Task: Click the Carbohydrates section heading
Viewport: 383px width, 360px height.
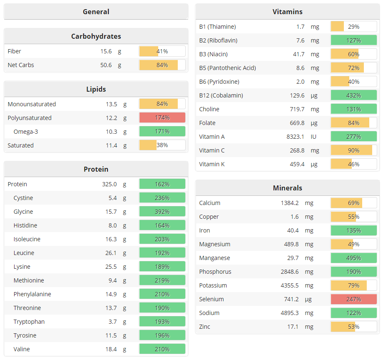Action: tap(96, 36)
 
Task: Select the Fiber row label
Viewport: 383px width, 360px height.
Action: tap(15, 51)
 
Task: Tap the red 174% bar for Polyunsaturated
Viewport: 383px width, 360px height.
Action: tap(162, 118)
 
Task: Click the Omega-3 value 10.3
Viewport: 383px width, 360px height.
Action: tap(111, 132)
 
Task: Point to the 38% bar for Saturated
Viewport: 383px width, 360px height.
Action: tap(162, 145)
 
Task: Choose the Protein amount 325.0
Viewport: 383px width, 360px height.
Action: tap(109, 184)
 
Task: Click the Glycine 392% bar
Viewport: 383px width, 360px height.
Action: tap(162, 212)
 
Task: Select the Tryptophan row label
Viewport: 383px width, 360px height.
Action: tap(29, 322)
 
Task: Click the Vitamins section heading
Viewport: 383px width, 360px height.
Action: tap(287, 12)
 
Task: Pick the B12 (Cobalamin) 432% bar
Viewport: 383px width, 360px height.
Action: tap(354, 95)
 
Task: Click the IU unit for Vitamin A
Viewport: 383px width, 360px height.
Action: tap(314, 137)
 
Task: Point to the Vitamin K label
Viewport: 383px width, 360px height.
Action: tap(212, 164)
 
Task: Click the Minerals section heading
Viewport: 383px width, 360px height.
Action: tap(287, 188)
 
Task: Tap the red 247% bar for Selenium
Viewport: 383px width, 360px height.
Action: tap(354, 299)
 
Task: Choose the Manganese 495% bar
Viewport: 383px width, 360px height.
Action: tap(354, 258)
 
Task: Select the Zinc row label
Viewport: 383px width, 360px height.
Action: tap(205, 327)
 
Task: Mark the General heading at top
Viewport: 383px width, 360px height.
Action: tap(96, 12)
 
